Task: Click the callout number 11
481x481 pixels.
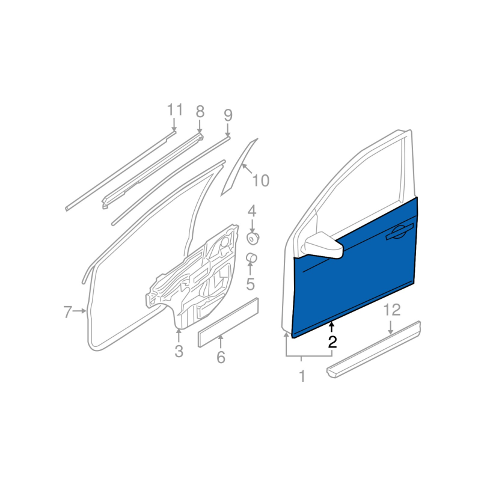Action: click(175, 110)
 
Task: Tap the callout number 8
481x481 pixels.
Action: click(200, 111)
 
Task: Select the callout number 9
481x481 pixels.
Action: click(228, 115)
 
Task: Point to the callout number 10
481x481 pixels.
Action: click(260, 180)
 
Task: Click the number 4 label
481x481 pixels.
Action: click(251, 212)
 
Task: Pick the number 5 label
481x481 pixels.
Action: click(251, 284)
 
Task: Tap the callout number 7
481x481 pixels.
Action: click(67, 311)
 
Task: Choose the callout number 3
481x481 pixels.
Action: click(179, 351)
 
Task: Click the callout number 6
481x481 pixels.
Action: click(221, 357)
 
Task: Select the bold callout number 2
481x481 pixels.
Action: click(332, 342)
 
